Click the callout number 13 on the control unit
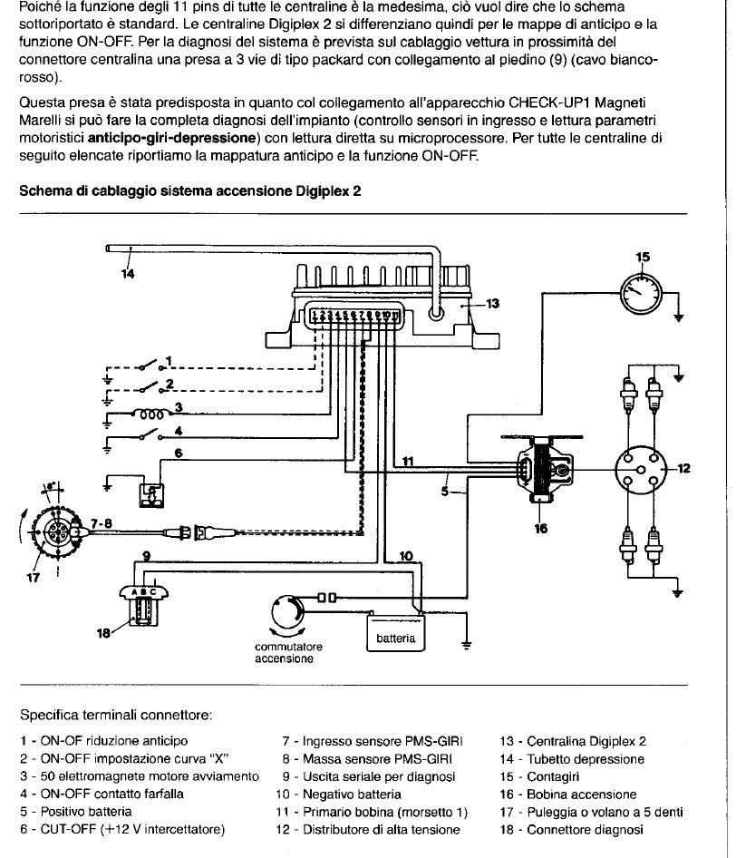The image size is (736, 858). click(x=492, y=304)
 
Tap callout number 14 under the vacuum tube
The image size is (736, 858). click(x=127, y=274)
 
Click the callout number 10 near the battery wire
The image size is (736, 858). click(x=405, y=555)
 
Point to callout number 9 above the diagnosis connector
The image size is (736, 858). click(x=146, y=553)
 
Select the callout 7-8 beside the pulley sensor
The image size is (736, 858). click(x=101, y=523)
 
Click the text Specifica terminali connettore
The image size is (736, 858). click(x=116, y=715)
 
